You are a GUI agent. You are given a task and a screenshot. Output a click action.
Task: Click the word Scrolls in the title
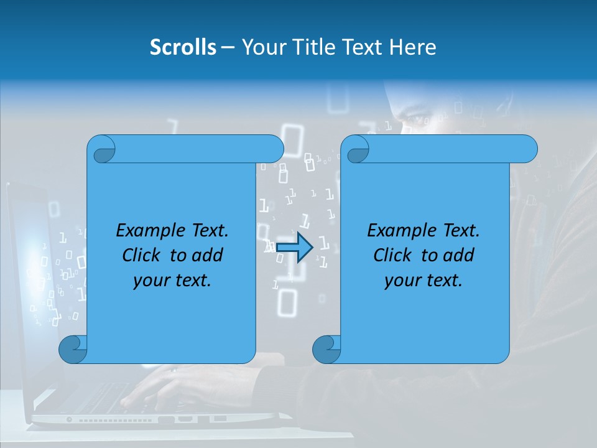(183, 47)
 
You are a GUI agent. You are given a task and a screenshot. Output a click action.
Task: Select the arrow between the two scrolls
(294, 248)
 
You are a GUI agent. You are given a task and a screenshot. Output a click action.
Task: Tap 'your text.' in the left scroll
(172, 281)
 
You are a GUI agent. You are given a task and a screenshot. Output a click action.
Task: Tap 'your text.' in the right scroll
(423, 281)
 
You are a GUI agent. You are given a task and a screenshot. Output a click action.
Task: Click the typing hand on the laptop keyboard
(155, 386)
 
